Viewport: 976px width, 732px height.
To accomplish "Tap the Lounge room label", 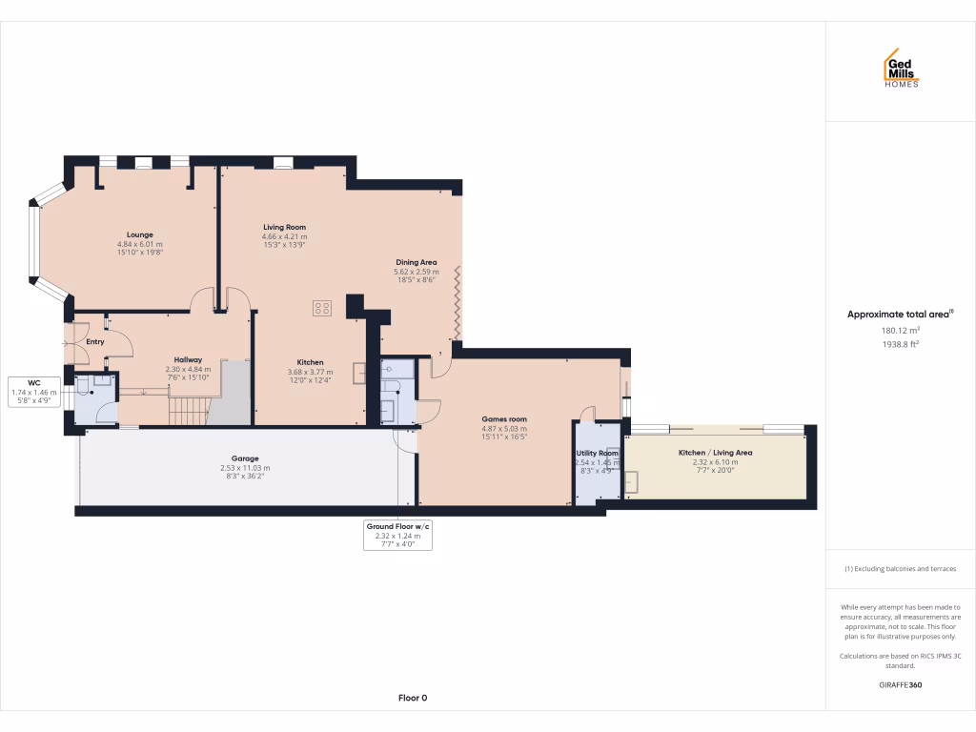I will coord(140,234).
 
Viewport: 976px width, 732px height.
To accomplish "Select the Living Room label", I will coord(285,227).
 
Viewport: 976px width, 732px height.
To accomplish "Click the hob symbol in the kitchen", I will coord(322,308).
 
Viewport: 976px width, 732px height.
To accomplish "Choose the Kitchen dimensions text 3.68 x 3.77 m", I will coord(310,372).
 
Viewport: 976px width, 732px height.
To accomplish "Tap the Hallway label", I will coord(187,360).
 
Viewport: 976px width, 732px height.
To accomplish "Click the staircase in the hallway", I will coord(189,410).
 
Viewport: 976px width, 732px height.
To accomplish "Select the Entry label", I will coord(95,341).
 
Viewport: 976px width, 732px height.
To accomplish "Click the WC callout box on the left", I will coord(33,392).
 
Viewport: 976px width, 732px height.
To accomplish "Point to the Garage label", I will coord(245,458).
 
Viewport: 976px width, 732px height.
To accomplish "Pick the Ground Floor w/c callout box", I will coord(398,536).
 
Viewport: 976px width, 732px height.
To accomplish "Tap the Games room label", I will coord(504,419).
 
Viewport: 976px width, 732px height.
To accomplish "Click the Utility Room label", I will coord(597,453).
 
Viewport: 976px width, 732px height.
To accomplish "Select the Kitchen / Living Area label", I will coord(715,453).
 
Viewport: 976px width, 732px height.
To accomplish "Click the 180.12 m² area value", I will coord(900,331).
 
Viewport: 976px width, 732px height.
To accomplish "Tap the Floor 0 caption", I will coord(412,698).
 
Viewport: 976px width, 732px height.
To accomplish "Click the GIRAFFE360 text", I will coord(900,684).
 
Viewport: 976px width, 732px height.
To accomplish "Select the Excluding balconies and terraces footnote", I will coord(900,569).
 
